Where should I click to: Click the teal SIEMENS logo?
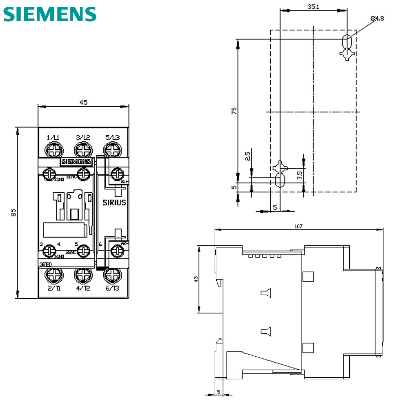[50, 14]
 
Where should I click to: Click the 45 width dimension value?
[83, 102]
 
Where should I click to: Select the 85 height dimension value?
[13, 213]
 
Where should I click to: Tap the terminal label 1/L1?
[53, 137]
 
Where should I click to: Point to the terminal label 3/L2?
[83, 137]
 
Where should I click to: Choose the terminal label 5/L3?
[112, 137]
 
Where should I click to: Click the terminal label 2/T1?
[54, 288]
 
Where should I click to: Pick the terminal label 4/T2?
[83, 288]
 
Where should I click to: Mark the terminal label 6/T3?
[112, 288]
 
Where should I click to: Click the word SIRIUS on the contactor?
[114, 202]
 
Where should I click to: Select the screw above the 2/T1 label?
[54, 275]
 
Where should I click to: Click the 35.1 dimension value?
[313, 6]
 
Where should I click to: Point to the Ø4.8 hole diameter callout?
[377, 19]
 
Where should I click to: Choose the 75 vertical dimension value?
[234, 111]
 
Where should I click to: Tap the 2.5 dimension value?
[247, 156]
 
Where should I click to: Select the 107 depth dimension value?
[298, 226]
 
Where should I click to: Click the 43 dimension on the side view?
[196, 279]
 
